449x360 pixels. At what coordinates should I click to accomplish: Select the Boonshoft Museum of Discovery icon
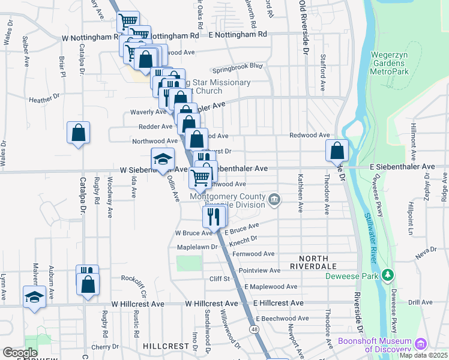point(421,344)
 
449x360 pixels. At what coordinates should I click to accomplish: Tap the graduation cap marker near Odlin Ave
point(162,159)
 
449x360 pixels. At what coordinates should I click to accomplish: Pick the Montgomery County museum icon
point(274,199)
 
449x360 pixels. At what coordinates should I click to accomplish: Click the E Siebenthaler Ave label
point(402,166)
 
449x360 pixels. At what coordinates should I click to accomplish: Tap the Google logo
point(20,353)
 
